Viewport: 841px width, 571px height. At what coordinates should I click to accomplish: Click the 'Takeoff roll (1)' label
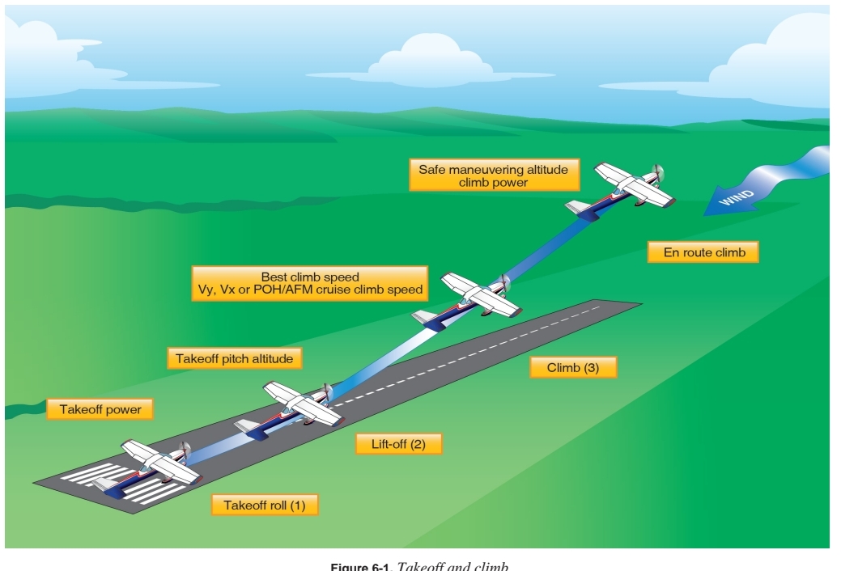click(265, 505)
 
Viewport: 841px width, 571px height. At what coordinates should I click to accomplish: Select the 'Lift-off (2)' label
click(400, 444)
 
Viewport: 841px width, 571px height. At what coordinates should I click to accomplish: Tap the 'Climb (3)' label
click(573, 367)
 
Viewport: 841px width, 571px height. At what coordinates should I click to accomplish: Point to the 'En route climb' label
click(703, 252)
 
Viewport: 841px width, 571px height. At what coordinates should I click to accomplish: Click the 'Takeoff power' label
click(100, 410)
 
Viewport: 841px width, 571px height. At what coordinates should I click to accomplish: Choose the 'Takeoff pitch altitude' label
click(235, 357)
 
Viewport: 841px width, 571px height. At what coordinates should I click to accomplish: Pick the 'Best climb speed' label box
click(309, 282)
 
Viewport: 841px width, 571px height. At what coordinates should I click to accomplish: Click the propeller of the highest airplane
click(659, 173)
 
